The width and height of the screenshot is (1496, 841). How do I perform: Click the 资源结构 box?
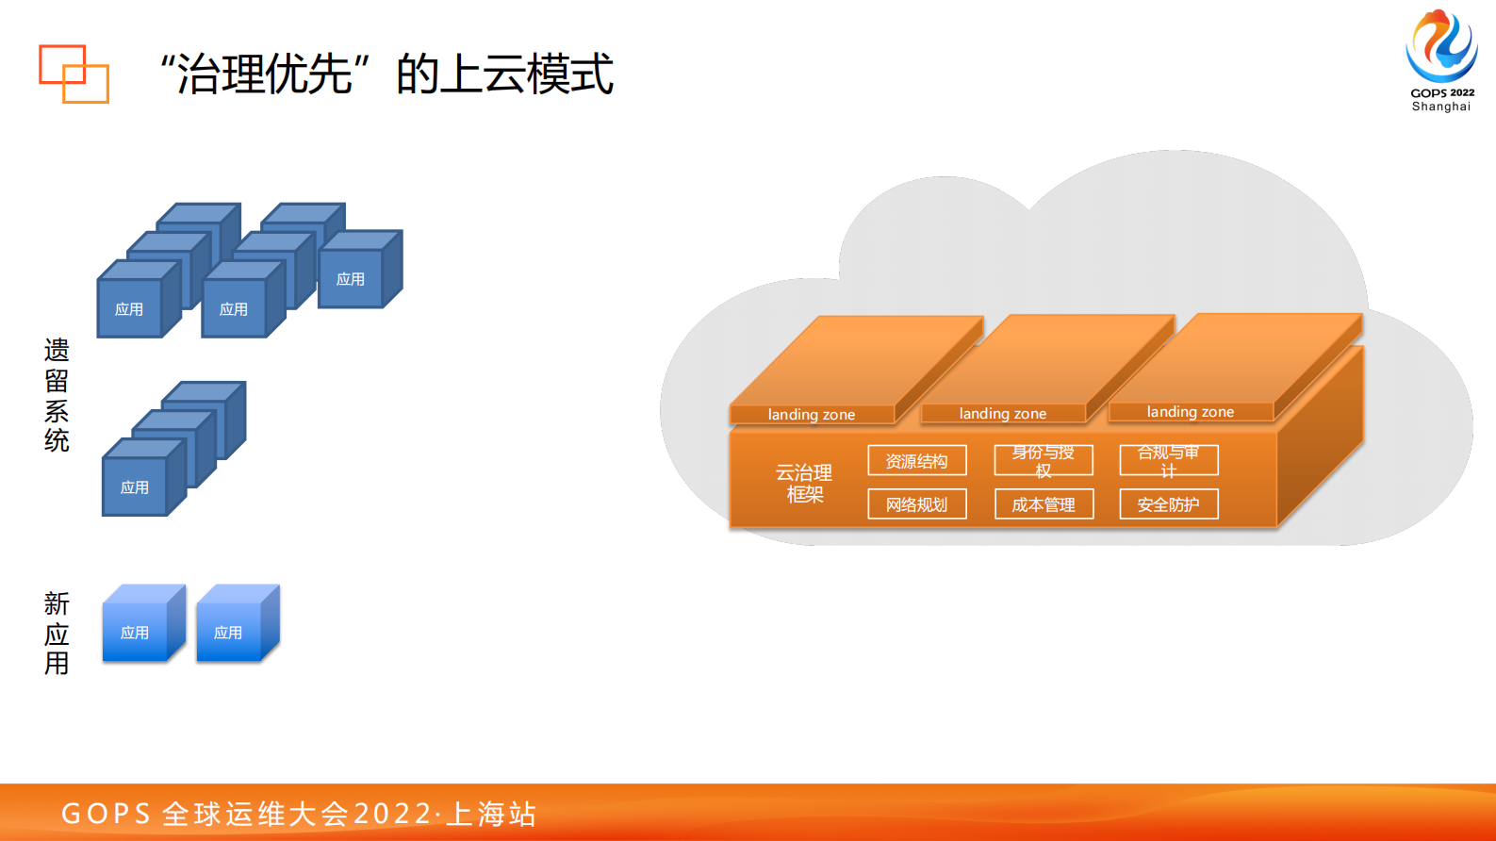[x=916, y=461]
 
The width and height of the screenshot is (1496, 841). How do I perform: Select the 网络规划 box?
[x=916, y=504]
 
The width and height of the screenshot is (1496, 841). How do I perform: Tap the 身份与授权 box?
[x=1043, y=461]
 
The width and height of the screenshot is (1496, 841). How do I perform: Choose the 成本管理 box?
[x=1043, y=504]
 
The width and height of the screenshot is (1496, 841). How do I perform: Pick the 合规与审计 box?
[x=1168, y=461]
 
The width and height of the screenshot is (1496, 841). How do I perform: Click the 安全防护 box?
[x=1168, y=504]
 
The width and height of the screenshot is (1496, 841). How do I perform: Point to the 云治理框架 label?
[x=804, y=483]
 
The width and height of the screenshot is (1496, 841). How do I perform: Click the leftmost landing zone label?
[x=811, y=414]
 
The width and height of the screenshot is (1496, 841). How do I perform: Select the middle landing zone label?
[x=1002, y=413]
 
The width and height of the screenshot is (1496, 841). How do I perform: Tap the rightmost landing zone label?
[x=1190, y=411]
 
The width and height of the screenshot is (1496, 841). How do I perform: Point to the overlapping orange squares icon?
[x=74, y=73]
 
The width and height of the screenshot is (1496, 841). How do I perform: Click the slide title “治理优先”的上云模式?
[x=386, y=74]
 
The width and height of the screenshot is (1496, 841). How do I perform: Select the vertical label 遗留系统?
[x=57, y=395]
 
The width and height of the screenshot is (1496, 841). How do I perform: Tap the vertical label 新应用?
[x=57, y=633]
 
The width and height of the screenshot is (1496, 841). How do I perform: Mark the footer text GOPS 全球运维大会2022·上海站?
[x=299, y=813]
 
